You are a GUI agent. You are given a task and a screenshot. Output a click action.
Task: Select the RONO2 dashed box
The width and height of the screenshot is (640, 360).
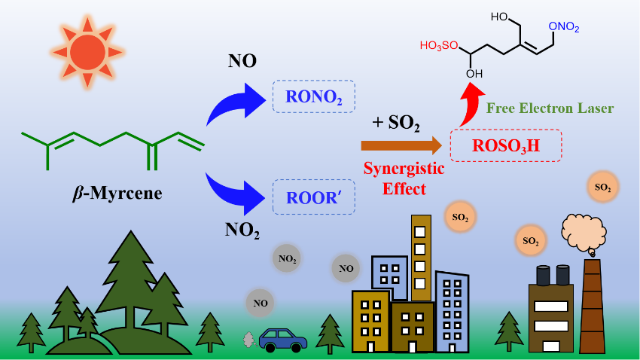(x=313, y=96)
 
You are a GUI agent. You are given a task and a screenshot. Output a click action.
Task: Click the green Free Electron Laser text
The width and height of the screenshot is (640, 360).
(x=550, y=108)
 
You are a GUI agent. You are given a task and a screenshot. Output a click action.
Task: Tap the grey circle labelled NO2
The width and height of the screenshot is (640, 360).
(x=286, y=258)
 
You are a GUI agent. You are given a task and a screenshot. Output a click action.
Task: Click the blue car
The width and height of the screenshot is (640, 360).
(x=282, y=339)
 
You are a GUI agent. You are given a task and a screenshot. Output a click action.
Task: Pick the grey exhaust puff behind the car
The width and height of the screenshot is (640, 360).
(x=248, y=340)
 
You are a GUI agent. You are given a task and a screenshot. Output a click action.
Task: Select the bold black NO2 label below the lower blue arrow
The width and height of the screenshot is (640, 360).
(x=242, y=228)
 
